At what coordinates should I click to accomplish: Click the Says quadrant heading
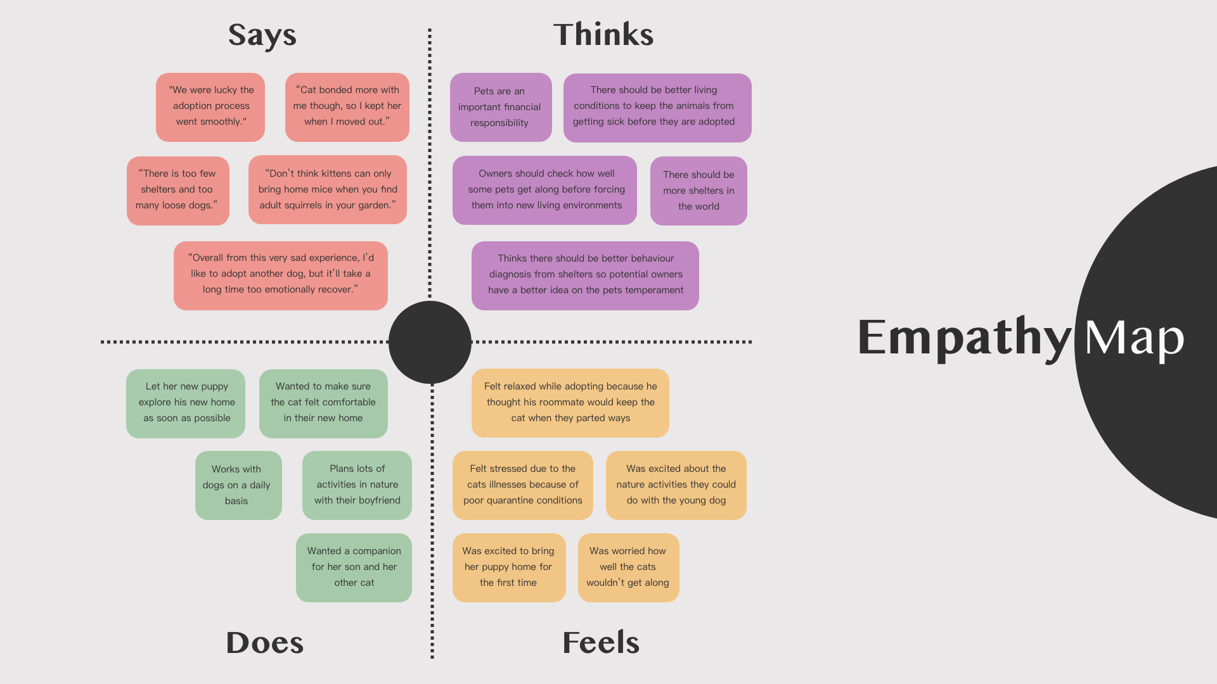coord(262,35)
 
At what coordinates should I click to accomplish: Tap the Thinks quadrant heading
coord(603,34)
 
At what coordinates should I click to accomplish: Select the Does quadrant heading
coord(265,642)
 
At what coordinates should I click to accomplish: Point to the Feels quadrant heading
coord(601,642)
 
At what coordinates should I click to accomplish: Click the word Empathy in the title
coord(964,338)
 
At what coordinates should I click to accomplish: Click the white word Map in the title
coord(1134,338)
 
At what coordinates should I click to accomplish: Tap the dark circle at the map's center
coord(430,342)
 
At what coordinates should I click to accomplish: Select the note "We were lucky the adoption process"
coord(210,106)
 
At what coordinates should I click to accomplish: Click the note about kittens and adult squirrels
coord(328,189)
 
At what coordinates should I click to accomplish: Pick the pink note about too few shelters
coord(178,190)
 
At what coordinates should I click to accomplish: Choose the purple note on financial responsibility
coord(500,107)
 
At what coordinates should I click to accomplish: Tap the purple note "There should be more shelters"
coord(699,191)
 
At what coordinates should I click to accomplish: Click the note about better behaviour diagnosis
coord(585,275)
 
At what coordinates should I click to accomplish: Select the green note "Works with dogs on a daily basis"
coord(238,485)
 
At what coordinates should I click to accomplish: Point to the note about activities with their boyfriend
coord(357,484)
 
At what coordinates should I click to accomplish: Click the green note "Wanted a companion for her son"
coord(354,567)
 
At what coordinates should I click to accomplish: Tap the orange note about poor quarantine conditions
coord(522,484)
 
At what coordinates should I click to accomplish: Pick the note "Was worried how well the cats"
coord(628,567)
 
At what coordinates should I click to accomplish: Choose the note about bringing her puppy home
coord(508,567)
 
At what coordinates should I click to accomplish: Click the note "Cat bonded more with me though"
coord(347,106)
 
